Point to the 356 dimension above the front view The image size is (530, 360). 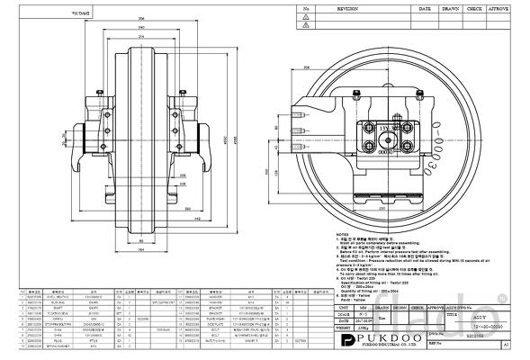(x=142, y=18)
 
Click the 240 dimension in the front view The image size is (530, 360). (x=142, y=27)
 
